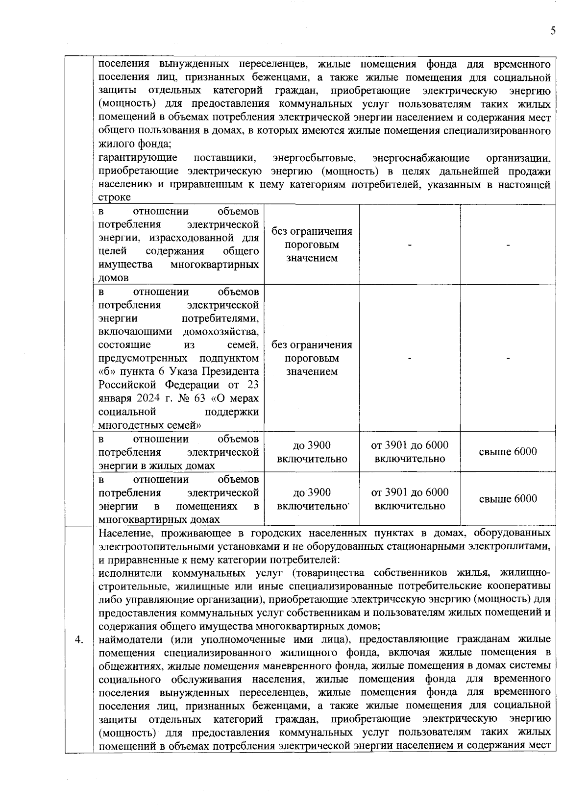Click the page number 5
(553, 31)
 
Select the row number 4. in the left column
(78, 640)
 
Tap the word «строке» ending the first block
(115, 197)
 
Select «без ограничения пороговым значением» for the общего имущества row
(312, 245)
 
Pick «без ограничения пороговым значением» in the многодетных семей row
(312, 358)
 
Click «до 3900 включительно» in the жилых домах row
(312, 452)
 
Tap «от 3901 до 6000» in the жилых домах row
(410, 445)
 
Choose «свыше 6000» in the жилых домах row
(508, 452)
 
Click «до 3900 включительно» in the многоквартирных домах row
(312, 499)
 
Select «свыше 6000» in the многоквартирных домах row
(508, 499)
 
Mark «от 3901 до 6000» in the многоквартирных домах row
(410, 492)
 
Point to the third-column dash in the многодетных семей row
(410, 359)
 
